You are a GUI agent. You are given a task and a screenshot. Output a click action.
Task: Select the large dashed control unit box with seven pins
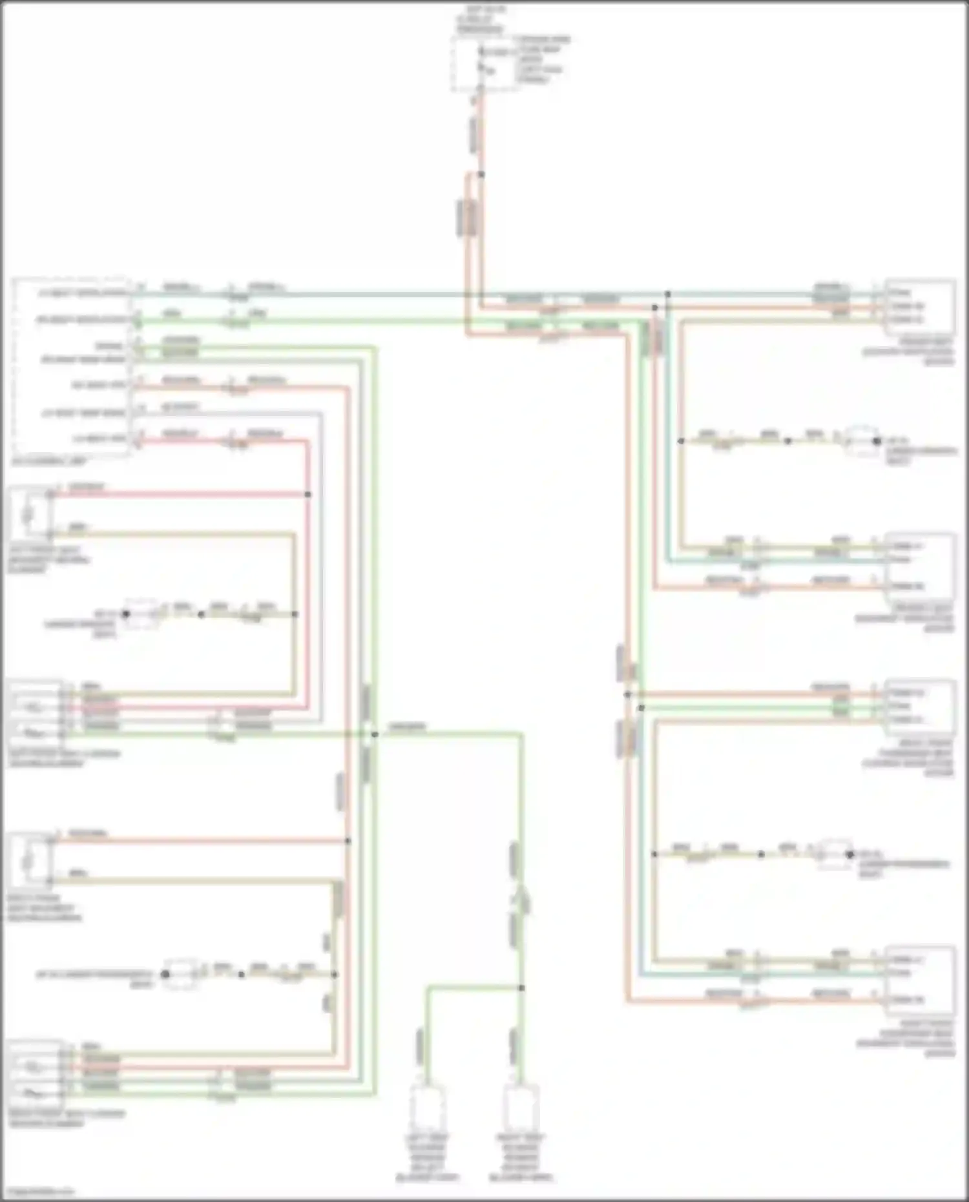[x=71, y=367]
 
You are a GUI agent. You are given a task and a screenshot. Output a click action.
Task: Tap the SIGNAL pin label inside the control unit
[x=110, y=346]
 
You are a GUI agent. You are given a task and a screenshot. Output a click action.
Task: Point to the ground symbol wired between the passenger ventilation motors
[x=834, y=854]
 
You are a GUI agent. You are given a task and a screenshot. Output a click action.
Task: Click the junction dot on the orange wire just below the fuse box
[x=481, y=174]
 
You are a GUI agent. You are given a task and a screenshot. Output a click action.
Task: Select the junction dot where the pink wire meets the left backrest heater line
[x=307, y=494]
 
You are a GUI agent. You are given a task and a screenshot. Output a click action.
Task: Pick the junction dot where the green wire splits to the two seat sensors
[x=521, y=988]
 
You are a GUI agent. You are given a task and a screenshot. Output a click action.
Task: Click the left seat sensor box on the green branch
[x=426, y=1107]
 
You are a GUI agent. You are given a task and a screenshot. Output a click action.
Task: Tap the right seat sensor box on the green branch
[x=521, y=1107]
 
